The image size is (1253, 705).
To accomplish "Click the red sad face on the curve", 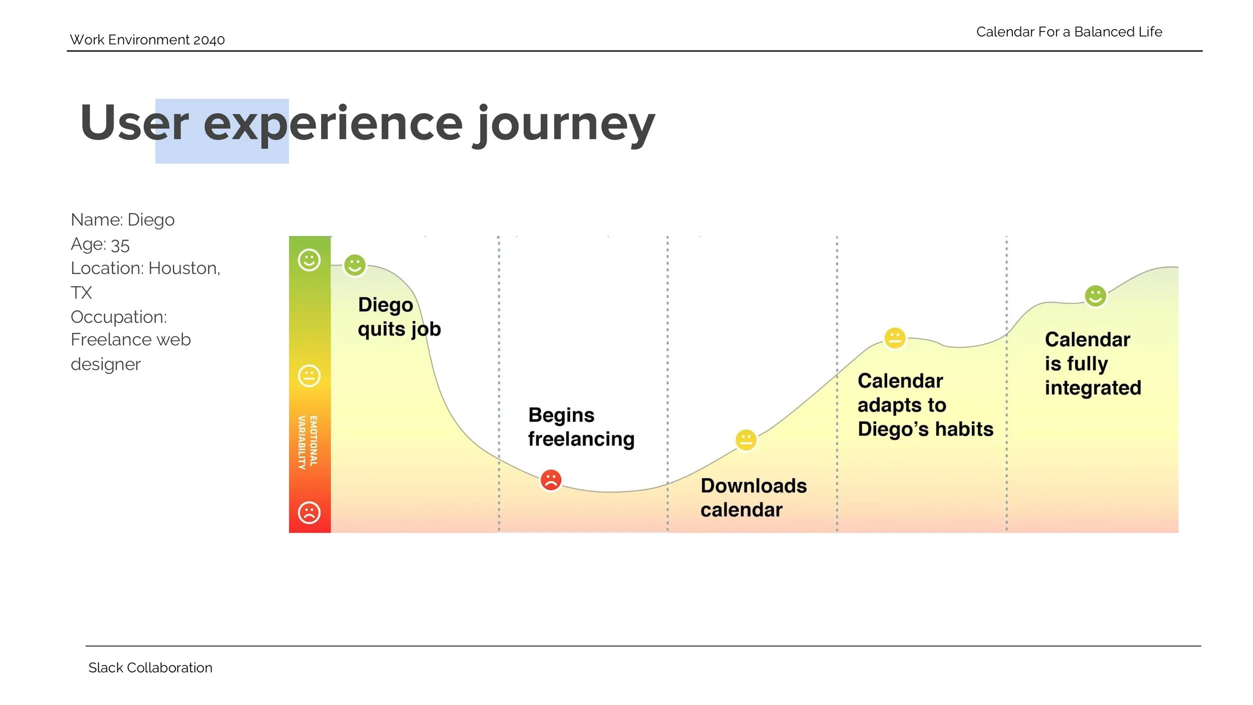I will (x=550, y=480).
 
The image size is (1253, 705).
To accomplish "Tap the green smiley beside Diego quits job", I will (x=354, y=265).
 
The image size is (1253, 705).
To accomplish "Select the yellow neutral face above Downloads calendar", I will (x=746, y=440).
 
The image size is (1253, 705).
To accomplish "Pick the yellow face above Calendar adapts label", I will (x=895, y=338).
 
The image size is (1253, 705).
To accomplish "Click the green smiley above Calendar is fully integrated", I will (x=1095, y=296).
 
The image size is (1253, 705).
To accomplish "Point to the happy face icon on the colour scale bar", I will (x=309, y=260).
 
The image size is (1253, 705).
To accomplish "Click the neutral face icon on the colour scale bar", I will (x=309, y=375).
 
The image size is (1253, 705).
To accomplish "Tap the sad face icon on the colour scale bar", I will (x=309, y=513).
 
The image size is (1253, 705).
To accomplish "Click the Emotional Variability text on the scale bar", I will (x=308, y=442).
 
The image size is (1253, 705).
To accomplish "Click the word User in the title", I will (x=134, y=124).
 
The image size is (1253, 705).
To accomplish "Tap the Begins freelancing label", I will (x=580, y=427).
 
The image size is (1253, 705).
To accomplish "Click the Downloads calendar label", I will (x=753, y=498).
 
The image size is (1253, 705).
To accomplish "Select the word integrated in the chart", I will (x=1093, y=388).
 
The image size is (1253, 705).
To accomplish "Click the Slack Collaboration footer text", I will (x=150, y=667).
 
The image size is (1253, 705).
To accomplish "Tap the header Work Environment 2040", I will (x=147, y=40).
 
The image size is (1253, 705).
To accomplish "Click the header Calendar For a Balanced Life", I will (x=1069, y=32).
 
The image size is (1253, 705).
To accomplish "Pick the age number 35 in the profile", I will (x=120, y=245).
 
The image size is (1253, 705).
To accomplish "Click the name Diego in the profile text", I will (x=151, y=219).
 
